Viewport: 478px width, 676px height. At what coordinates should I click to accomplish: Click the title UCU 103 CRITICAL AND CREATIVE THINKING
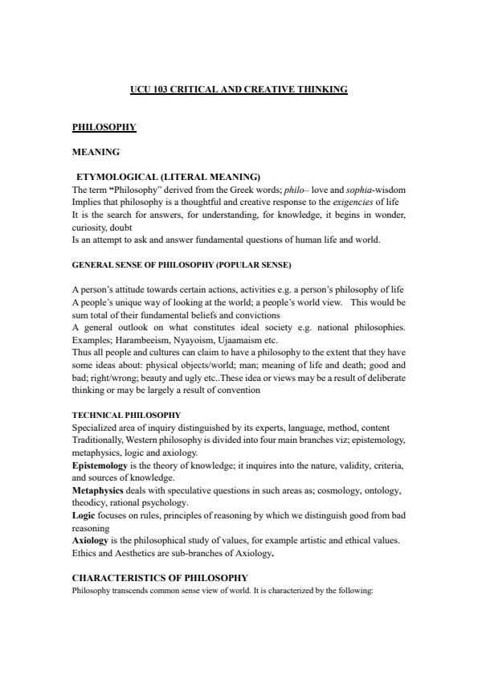(239, 89)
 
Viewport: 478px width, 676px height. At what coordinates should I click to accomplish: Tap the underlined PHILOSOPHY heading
(104, 127)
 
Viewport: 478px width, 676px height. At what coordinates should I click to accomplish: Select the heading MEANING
(96, 151)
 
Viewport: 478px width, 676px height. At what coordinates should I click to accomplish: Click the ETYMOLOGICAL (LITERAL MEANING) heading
(168, 176)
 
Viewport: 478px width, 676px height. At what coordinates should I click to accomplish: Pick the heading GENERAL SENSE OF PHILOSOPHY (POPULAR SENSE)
(182, 264)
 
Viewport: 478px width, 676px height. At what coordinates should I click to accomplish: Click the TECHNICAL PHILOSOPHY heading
(126, 415)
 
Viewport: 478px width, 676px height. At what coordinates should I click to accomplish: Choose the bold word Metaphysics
(97, 490)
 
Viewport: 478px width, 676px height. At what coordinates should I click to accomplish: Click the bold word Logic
(84, 515)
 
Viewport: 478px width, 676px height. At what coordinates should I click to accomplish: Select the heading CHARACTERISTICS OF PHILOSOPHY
(160, 578)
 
